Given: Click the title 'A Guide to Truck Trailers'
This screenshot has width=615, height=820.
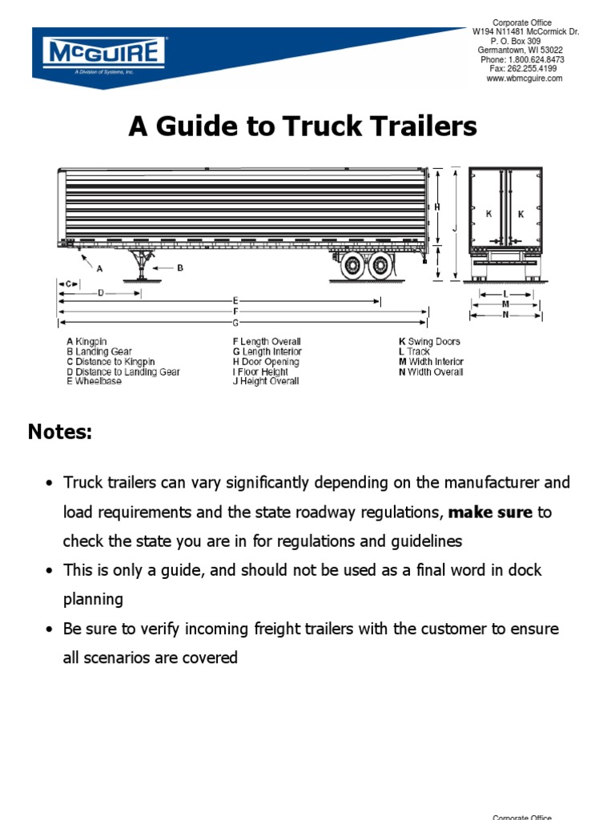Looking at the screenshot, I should pyautogui.click(x=303, y=127).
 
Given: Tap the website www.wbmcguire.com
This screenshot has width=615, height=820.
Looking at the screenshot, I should pyautogui.click(x=525, y=78).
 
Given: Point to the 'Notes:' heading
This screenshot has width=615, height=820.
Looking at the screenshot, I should pyautogui.click(x=60, y=432).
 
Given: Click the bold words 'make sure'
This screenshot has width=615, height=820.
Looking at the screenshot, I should pyautogui.click(x=490, y=512).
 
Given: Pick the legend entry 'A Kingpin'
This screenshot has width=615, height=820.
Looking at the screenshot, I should pyautogui.click(x=86, y=342).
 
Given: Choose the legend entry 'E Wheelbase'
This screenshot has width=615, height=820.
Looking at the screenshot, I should pyautogui.click(x=94, y=382).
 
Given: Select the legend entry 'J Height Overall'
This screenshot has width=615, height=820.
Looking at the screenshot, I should pyautogui.click(x=266, y=382).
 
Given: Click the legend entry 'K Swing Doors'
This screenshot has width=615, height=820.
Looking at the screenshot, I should pyautogui.click(x=429, y=342).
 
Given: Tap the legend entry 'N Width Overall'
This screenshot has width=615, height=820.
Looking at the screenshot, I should pyautogui.click(x=431, y=372).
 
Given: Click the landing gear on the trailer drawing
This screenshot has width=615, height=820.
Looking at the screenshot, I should pyautogui.click(x=142, y=263).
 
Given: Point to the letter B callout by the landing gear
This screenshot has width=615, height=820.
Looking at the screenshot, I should pyautogui.click(x=180, y=268).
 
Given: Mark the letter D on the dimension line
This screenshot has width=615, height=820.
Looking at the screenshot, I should pyautogui.click(x=101, y=293).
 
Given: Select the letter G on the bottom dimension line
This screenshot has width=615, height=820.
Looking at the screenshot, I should pyautogui.click(x=235, y=323).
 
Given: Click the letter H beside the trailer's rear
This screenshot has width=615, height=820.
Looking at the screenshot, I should pyautogui.click(x=437, y=207).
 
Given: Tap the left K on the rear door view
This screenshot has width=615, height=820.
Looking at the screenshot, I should pyautogui.click(x=488, y=214).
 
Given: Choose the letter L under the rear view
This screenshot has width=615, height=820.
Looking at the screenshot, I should pyautogui.click(x=506, y=295).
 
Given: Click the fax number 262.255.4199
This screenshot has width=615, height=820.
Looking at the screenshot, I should pyautogui.click(x=531, y=69).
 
